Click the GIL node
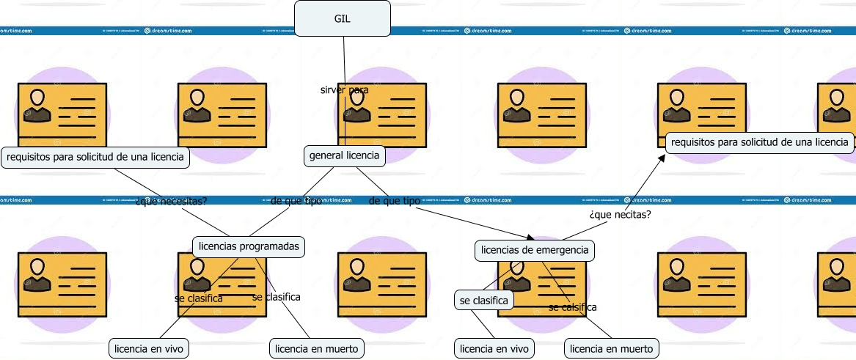342,18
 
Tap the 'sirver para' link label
344,90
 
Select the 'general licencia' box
344,155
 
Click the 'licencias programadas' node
249,246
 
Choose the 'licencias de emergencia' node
534,251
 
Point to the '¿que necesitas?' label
172,201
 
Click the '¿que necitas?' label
620,215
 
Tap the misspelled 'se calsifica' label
572,307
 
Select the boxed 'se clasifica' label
483,300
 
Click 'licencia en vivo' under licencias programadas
150,349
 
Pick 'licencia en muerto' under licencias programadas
317,349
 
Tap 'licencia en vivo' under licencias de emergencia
494,349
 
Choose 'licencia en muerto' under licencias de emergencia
611,349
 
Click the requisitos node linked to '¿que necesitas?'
95,157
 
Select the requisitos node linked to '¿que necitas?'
760,142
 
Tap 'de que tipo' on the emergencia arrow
394,201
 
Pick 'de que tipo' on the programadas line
296,201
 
